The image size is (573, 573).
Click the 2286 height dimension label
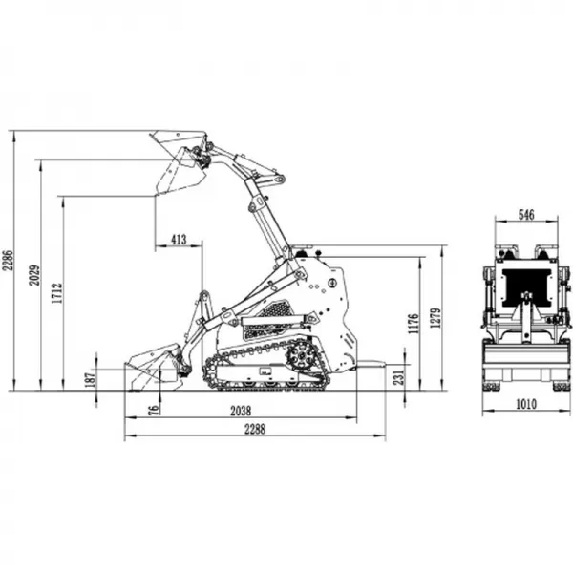(x=8, y=260)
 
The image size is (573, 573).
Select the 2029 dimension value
(x=35, y=275)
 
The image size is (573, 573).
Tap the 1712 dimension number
(x=57, y=293)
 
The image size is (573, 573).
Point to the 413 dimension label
(x=179, y=240)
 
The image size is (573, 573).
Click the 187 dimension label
(x=92, y=380)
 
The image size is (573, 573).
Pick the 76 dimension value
(x=156, y=410)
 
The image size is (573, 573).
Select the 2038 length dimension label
(x=241, y=412)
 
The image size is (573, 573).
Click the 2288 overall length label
(x=255, y=430)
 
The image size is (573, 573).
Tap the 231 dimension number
(x=399, y=377)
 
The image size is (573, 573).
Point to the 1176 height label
(x=414, y=324)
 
